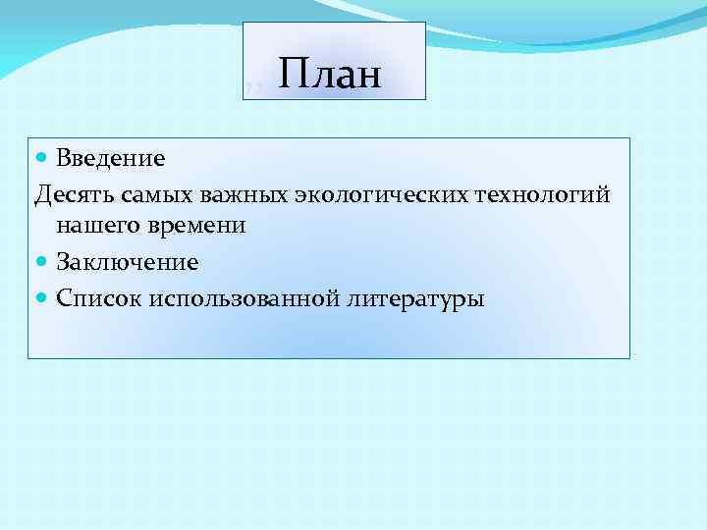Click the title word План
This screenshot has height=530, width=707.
(329, 74)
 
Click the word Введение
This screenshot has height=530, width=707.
(110, 158)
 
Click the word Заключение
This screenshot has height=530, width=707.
(127, 263)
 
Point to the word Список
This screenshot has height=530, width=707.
(99, 298)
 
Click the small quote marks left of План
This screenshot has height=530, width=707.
(253, 89)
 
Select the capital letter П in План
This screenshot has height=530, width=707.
(291, 74)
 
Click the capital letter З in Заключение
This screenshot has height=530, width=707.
(62, 263)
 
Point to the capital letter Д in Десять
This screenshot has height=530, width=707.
(41, 194)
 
